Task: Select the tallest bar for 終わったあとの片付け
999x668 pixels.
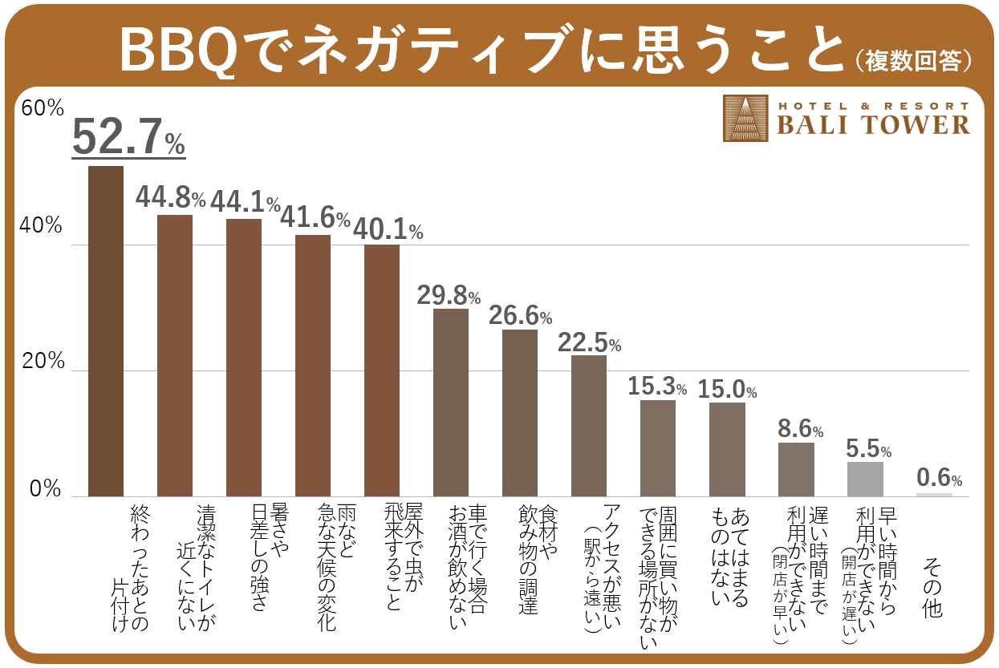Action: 106,330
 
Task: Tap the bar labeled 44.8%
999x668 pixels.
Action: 175,355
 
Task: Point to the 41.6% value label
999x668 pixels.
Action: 315,217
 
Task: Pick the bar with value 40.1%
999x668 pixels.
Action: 382,370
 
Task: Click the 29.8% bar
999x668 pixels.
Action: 451,402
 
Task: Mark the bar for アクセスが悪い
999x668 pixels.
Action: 589,425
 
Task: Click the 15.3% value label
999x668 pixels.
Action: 657,387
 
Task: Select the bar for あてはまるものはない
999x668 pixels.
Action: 727,449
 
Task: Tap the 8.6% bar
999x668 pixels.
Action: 796,469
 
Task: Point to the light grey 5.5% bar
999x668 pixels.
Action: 865,479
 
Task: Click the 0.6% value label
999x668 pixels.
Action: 939,479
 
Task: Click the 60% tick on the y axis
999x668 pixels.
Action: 42,108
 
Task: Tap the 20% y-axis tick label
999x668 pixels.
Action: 42,362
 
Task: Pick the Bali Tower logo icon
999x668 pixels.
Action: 745,118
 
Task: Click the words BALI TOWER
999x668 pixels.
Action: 873,124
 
